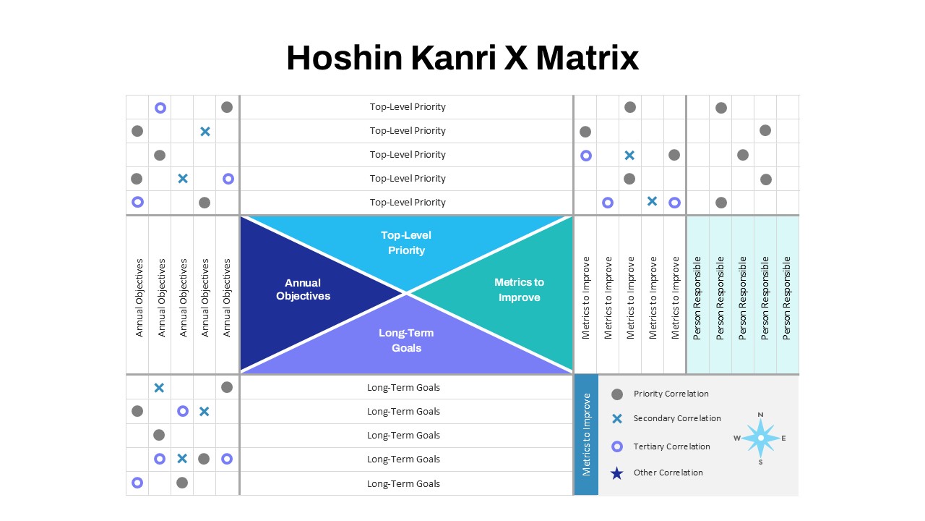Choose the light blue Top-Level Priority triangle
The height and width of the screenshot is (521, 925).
coord(406,244)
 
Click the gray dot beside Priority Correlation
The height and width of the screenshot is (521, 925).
coord(617,394)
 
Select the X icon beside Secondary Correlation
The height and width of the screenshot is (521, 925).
coord(617,419)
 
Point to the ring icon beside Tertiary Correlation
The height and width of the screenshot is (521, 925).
coord(617,446)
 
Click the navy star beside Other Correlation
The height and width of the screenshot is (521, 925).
coord(617,473)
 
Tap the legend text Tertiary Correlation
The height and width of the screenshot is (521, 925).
coord(672,446)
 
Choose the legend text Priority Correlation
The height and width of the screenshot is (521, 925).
coord(671,394)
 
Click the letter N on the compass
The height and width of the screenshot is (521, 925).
coord(761,415)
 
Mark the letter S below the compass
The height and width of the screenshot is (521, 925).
coord(761,462)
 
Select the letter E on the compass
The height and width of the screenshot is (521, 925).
coord(783,439)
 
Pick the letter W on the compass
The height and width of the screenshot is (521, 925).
coord(737,439)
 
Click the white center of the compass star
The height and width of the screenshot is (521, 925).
coord(761,438)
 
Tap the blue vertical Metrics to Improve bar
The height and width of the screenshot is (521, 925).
coord(586,435)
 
